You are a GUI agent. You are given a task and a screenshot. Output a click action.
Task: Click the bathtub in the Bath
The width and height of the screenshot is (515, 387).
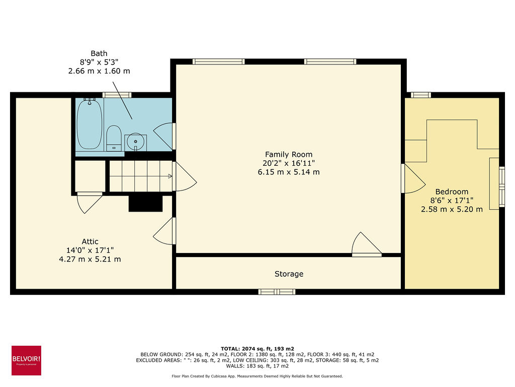pyautogui.click(x=90, y=124)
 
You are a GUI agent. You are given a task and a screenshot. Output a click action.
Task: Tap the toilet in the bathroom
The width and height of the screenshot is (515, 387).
pyautogui.click(x=114, y=137)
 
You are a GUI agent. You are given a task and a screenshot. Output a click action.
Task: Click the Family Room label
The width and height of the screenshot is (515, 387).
pyautogui.click(x=289, y=155)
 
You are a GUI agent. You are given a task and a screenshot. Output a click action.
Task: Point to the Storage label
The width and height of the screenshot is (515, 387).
pyautogui.click(x=289, y=274)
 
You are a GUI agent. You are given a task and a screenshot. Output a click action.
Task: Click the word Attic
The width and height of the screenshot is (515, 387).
pyautogui.click(x=90, y=241)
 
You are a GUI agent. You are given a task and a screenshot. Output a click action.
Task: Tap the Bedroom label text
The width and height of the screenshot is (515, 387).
pyautogui.click(x=452, y=191)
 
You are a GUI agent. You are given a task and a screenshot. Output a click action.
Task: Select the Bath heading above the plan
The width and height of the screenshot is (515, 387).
pyautogui.click(x=99, y=53)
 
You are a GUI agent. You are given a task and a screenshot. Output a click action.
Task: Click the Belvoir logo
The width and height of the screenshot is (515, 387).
pyautogui.click(x=26, y=360)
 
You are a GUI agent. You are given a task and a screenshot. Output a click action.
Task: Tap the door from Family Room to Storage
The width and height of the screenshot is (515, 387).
pyautogui.click(x=366, y=246)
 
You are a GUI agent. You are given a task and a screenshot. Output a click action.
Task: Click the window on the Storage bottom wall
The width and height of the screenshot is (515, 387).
pyautogui.click(x=277, y=292)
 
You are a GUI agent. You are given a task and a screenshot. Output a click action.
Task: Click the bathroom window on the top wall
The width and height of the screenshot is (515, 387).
pyautogui.click(x=117, y=95)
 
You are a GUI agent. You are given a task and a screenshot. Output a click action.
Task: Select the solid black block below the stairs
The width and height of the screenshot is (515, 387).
pyautogui.click(x=146, y=204)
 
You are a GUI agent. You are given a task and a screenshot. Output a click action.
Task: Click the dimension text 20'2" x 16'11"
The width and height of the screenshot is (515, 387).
pyautogui.click(x=289, y=163)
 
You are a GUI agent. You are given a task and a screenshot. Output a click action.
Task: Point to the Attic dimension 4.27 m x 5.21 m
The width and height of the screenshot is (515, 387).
pyautogui.click(x=90, y=259)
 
